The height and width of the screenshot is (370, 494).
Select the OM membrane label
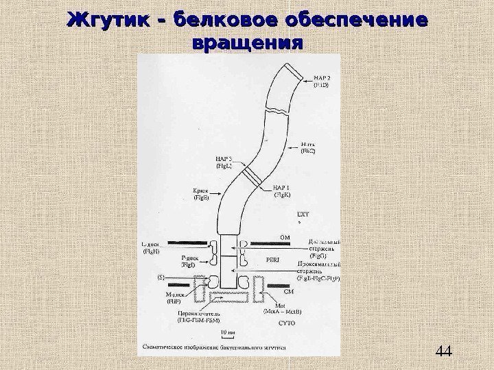[x=286, y=236]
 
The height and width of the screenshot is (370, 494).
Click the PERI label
[x=274, y=260]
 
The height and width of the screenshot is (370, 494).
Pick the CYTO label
[x=287, y=322]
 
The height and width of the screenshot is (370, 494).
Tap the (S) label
[x=162, y=277]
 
